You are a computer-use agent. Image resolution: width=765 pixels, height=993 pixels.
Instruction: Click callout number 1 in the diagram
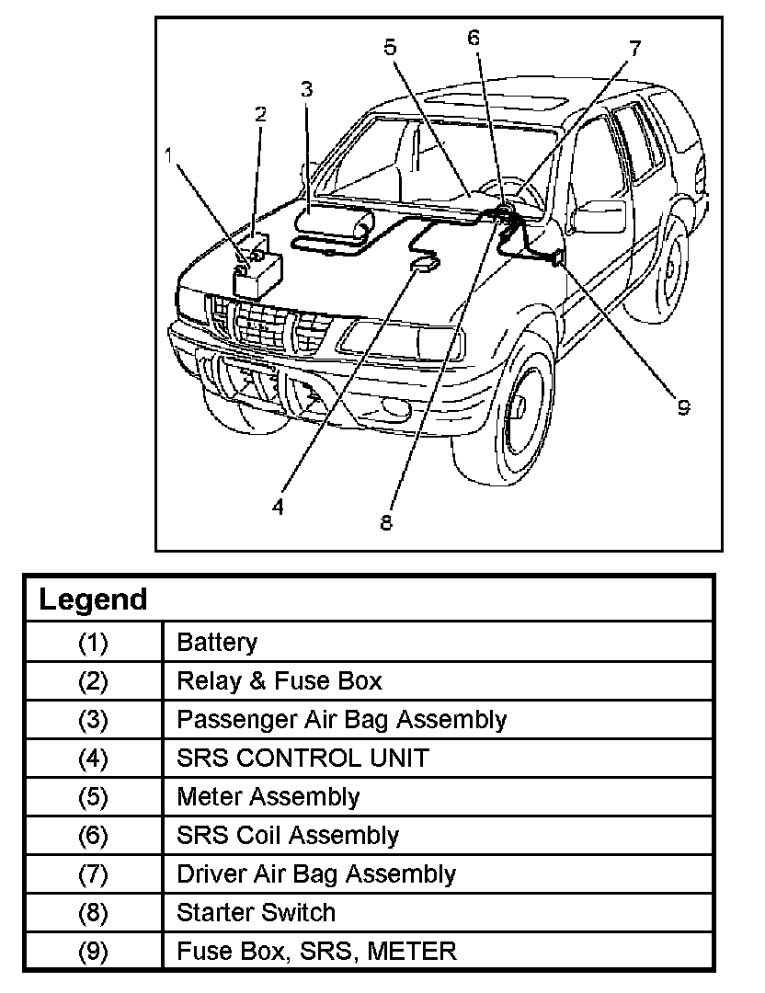pyautogui.click(x=169, y=154)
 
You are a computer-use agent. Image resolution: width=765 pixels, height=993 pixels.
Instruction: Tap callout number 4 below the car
pyautogui.click(x=278, y=507)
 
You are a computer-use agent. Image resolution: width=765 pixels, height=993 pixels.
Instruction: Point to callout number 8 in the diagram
pyautogui.click(x=386, y=522)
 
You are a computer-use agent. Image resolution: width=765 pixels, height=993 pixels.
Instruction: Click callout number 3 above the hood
pyautogui.click(x=306, y=88)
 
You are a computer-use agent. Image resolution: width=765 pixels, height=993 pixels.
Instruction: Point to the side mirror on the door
pyautogui.click(x=599, y=216)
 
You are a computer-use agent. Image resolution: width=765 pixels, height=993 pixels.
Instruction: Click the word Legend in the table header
pyautogui.click(x=93, y=599)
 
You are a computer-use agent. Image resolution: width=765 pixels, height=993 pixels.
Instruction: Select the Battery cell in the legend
pyautogui.click(x=217, y=643)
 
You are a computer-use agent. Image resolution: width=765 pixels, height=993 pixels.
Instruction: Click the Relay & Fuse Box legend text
pyautogui.click(x=279, y=681)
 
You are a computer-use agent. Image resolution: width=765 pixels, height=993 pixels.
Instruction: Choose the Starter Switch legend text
pyautogui.click(x=256, y=913)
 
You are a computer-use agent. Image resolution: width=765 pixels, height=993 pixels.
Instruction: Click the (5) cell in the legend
pyautogui.click(x=93, y=797)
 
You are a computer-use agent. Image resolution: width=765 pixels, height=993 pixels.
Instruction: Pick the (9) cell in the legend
pyautogui.click(x=93, y=952)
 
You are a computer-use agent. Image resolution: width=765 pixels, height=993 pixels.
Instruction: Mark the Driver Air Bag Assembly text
pyautogui.click(x=315, y=874)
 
